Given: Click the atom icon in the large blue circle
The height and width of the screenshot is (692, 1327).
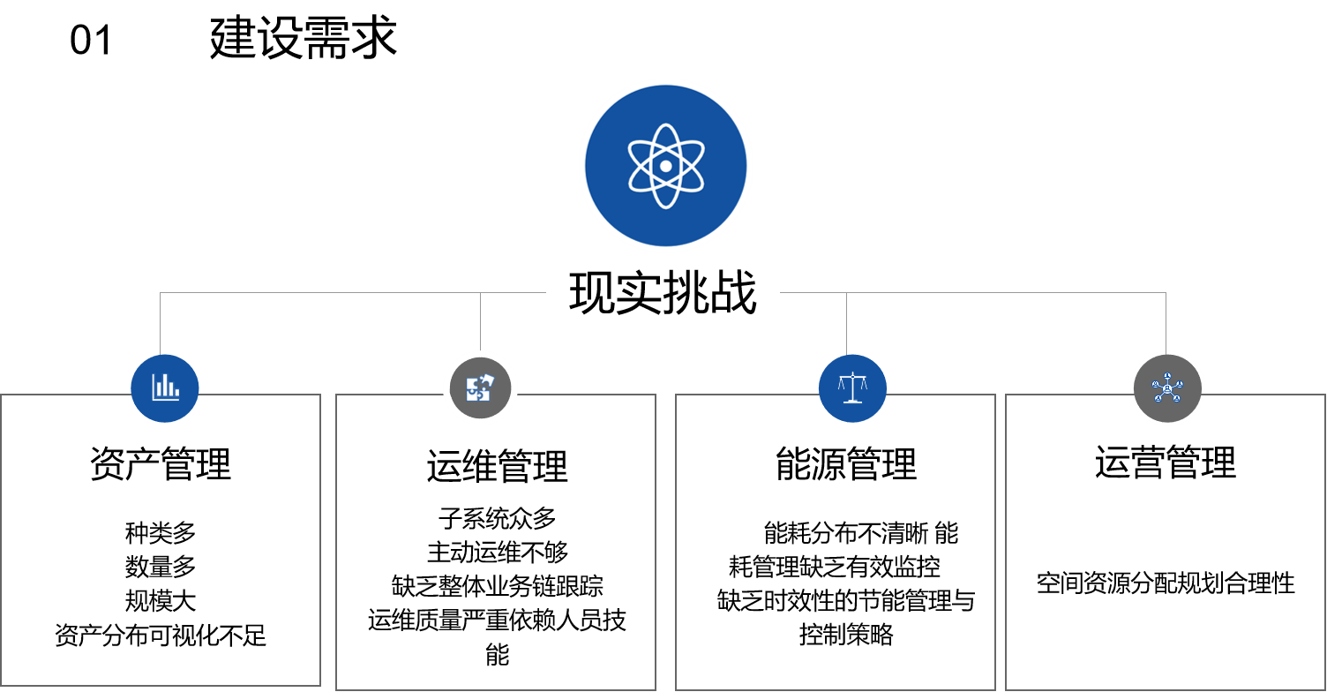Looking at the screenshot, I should (x=666, y=165).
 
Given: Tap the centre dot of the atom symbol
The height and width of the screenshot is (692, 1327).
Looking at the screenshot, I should (x=666, y=166).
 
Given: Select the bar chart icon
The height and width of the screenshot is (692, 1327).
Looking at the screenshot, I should (x=165, y=387).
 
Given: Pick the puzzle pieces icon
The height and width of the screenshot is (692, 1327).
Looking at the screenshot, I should (x=479, y=387).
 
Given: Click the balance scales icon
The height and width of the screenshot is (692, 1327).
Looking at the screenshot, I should (x=852, y=387).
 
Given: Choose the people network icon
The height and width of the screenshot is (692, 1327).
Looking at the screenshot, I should (x=1167, y=387).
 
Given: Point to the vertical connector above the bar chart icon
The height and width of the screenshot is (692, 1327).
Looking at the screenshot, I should (x=160, y=322).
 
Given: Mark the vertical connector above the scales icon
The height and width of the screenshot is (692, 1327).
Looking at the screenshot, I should (x=846, y=322).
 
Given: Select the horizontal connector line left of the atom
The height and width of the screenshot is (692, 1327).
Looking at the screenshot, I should (x=353, y=292).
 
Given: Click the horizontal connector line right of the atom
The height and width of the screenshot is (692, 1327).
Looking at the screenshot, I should (x=971, y=292).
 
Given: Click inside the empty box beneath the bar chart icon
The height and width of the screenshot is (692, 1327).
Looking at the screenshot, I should (x=160, y=547).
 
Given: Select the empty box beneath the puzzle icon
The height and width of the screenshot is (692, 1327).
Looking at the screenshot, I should (x=496, y=547).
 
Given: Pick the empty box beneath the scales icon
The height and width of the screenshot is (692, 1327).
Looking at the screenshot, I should (x=836, y=547).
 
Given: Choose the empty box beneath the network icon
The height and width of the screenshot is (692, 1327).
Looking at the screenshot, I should (x=1166, y=547).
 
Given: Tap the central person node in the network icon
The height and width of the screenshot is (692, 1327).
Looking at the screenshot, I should (x=1167, y=388).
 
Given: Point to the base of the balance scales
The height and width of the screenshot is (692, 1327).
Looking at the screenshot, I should (x=852, y=402).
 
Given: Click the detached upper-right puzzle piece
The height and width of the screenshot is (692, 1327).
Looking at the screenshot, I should (x=487, y=380).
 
